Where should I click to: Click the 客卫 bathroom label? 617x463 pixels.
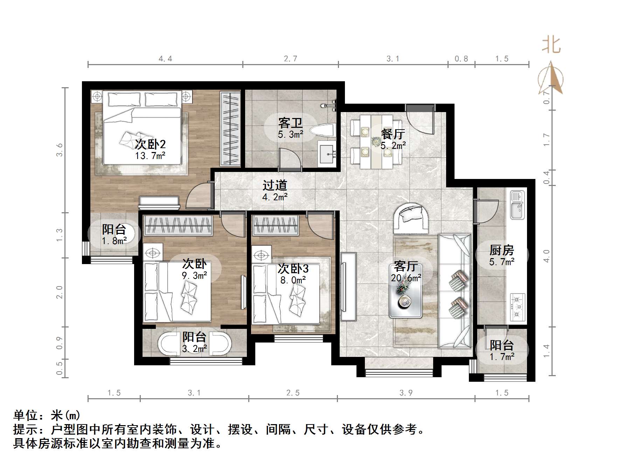point(290,123)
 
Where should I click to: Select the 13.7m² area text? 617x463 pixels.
point(150,156)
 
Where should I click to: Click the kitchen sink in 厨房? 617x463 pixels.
point(518,205)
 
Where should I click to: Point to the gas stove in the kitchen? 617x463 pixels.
point(518,307)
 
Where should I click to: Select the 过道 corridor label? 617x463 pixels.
point(275,185)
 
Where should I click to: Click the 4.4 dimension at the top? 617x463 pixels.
point(165,59)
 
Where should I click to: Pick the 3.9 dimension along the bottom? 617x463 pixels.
point(406,393)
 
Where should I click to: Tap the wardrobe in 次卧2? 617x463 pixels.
point(230,128)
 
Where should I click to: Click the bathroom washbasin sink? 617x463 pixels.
point(327,153)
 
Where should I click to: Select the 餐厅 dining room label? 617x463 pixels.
point(393,134)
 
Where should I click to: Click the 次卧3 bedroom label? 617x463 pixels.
point(293,269)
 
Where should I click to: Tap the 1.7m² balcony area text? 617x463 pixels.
point(502,357)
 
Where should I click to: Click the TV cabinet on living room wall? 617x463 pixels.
point(348,286)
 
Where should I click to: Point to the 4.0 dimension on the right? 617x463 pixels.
point(547,256)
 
